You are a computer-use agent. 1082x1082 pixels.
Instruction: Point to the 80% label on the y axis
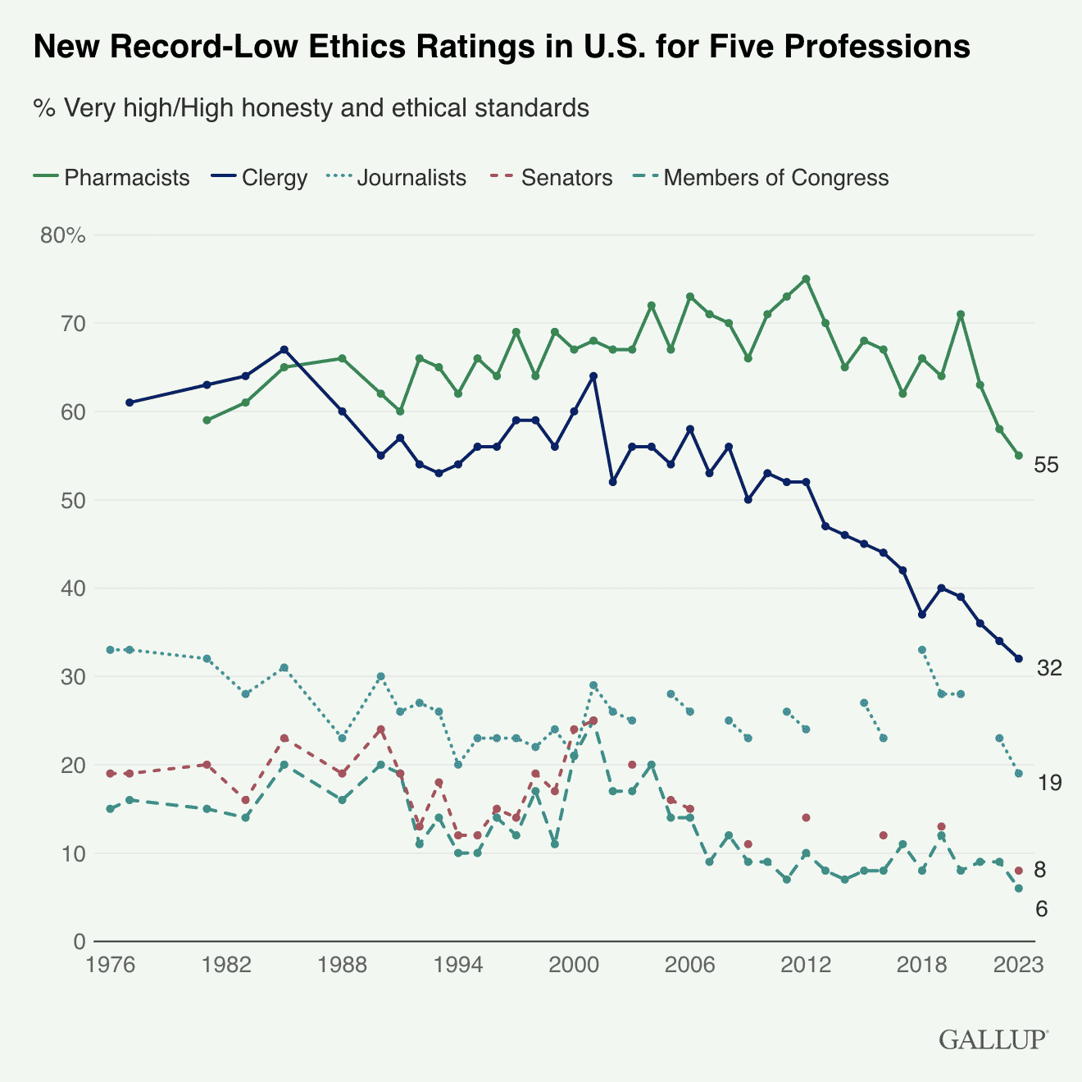(63, 235)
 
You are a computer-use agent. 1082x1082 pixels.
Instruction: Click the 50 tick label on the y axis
(74, 500)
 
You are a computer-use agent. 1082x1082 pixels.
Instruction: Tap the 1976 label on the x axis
(110, 965)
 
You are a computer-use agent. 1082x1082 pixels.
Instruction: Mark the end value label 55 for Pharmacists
(1047, 466)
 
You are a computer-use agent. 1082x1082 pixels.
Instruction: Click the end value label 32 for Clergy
(1049, 669)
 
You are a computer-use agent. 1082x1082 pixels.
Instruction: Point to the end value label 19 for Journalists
(1049, 784)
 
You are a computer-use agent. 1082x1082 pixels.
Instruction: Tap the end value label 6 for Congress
(1042, 909)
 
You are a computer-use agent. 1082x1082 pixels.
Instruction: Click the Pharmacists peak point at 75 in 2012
(806, 279)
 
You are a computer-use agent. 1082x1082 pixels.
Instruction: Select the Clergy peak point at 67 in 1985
(284, 349)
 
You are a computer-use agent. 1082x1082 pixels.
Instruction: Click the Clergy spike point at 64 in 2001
(593, 376)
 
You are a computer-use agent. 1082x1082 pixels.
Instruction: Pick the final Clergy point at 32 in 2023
(1019, 658)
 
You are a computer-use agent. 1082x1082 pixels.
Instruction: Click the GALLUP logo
(993, 1039)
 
